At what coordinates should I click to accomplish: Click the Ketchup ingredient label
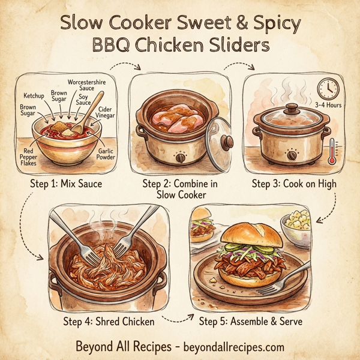[x=34, y=96]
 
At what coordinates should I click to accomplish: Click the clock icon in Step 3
[x=328, y=88]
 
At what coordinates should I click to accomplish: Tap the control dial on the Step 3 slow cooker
[x=292, y=154]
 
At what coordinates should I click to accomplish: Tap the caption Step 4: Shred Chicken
[x=109, y=321]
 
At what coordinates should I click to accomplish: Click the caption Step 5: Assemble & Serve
[x=250, y=321]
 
